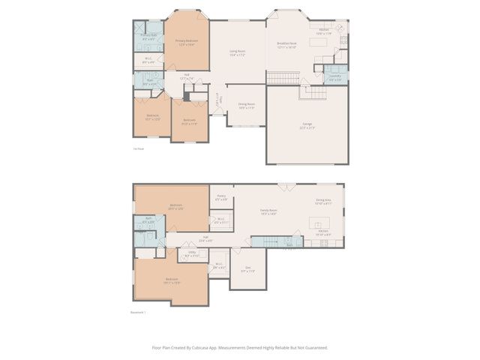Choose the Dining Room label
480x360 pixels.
247,106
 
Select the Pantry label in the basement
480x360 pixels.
222,198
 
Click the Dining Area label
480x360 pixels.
323,201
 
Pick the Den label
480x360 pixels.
247,268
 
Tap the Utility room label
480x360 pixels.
191,254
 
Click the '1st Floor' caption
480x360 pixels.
138,150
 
